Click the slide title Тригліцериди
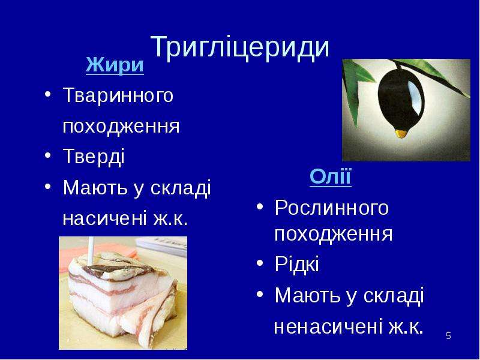pos(240,47)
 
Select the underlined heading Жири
pos(115,65)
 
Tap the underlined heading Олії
pos(331,176)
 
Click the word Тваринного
pos(118,95)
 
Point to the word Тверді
pos(94,156)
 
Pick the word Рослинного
pos(332,208)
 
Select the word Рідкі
pos(296,264)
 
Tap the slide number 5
pos(448,336)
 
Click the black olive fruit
pos(400,100)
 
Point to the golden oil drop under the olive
pos(401,133)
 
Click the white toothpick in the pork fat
pos(91,251)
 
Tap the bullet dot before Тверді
pos(47,155)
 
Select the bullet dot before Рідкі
pos(260,263)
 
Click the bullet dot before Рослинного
pos(260,206)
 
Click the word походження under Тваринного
pos(121,127)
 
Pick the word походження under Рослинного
pos(334,235)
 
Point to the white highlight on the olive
pos(415,97)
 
